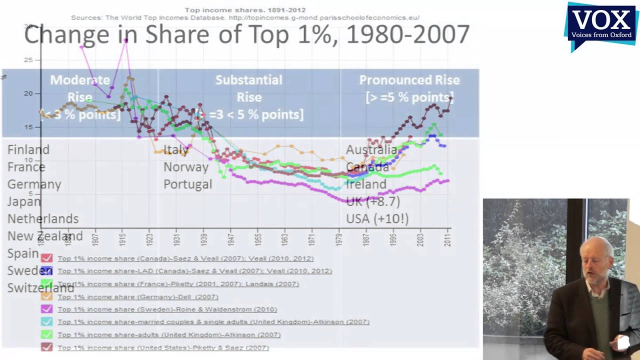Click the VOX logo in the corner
pyautogui.click(x=601, y=25)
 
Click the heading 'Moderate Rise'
pyautogui.click(x=80, y=88)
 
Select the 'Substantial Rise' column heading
pyautogui.click(x=249, y=88)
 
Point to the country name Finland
pyautogui.click(x=28, y=150)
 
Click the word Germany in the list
pyautogui.click(x=34, y=184)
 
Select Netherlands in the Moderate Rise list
pyautogui.click(x=43, y=219)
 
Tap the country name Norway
pyautogui.click(x=186, y=167)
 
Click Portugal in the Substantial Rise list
pyautogui.click(x=188, y=184)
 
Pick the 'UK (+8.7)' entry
pyautogui.click(x=373, y=201)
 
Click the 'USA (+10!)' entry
pyautogui.click(x=377, y=219)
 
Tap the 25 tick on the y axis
pyautogui.click(x=28, y=60)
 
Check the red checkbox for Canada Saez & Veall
pyautogui.click(x=46, y=258)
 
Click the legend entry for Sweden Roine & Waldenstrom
pyautogui.click(x=167, y=309)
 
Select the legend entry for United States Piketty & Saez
pyautogui.click(x=163, y=347)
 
